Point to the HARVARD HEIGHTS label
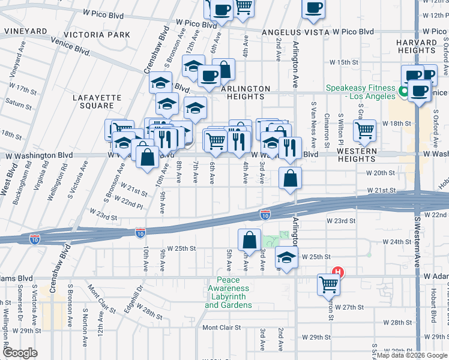pos(416,46)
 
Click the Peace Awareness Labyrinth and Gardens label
pos(228,292)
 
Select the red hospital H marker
pos(338,272)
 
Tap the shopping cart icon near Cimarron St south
pos(328,284)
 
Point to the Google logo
pos(20,353)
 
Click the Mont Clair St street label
pos(221,328)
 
